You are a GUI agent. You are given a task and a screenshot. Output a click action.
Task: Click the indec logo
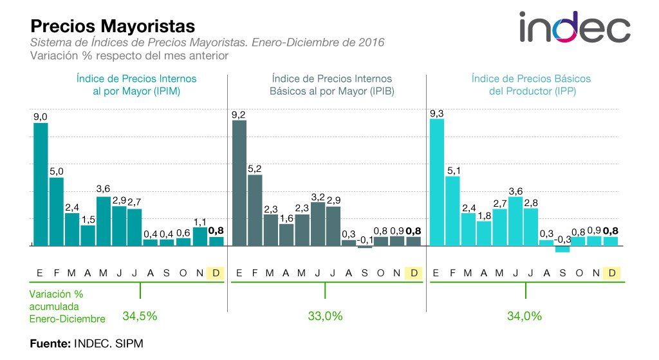click(574, 27)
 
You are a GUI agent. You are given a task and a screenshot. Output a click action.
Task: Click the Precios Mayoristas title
click(113, 26)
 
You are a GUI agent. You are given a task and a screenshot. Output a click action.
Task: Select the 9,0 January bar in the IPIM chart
click(41, 184)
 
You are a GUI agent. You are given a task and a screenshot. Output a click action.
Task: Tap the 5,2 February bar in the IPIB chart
click(255, 210)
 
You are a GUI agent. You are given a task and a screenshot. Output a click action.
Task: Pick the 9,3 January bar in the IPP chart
click(437, 182)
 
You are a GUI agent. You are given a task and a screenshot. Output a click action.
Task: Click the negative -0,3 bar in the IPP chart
click(562, 249)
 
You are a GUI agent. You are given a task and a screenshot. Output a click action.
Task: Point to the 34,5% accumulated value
click(140, 316)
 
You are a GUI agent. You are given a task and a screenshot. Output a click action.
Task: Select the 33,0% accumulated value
click(325, 316)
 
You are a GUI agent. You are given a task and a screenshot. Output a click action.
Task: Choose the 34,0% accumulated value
click(524, 316)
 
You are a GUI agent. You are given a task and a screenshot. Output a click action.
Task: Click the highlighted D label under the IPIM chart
click(215, 273)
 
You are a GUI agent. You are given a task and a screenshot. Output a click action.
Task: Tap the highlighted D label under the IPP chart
click(612, 273)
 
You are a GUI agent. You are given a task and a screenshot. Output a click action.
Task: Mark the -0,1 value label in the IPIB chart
click(365, 240)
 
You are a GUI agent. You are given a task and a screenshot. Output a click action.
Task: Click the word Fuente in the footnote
click(50, 344)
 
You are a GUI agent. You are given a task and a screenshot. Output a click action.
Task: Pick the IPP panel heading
click(531, 84)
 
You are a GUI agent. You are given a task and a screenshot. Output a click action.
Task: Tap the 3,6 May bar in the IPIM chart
click(104, 221)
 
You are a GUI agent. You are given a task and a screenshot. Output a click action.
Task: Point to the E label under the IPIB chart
click(239, 273)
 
